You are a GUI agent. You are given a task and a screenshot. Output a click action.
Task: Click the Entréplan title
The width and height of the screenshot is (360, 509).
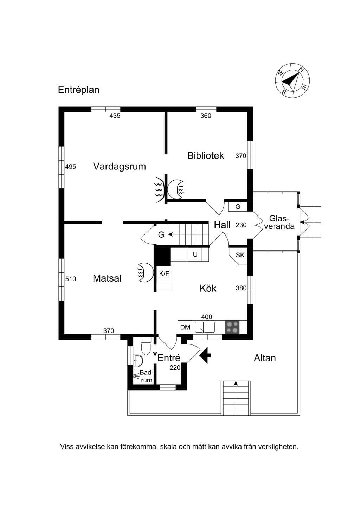tap(79, 90)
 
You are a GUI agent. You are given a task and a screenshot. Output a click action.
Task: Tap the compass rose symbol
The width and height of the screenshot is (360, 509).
tap(292, 80)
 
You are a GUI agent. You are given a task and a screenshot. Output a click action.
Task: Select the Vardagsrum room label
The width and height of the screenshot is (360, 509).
tap(119, 166)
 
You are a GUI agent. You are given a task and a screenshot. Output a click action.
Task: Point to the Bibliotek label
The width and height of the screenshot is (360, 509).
tap(206, 156)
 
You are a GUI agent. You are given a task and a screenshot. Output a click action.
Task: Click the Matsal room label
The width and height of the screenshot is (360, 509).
tap(107, 278)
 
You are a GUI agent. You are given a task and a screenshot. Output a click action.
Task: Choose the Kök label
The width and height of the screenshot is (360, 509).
tap(208, 289)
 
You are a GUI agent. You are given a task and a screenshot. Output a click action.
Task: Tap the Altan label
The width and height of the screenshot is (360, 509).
tap(265, 358)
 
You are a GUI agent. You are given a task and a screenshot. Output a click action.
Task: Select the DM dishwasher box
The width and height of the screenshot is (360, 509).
tap(185, 327)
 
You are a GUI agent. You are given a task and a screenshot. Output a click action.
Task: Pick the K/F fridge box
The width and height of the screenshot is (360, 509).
tap(164, 274)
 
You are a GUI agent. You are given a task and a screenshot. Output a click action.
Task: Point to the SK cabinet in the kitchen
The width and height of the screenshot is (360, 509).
tap(239, 256)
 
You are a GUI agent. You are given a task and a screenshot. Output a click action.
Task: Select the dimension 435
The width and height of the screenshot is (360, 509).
tap(115, 116)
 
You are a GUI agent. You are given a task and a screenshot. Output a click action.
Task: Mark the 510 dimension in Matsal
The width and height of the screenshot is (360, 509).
tap(71, 279)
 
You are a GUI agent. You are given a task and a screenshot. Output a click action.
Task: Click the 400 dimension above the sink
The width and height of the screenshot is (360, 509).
tap(207, 317)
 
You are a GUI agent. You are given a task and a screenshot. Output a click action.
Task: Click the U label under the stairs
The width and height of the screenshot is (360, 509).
tap(195, 255)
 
